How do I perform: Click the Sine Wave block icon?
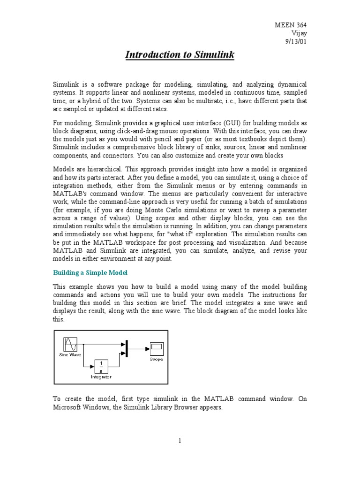point(71,345)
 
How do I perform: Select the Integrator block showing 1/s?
point(102,366)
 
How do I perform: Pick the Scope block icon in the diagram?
point(156,348)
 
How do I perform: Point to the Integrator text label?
point(101,376)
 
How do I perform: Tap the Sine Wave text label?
point(70,355)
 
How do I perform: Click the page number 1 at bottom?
point(180,441)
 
